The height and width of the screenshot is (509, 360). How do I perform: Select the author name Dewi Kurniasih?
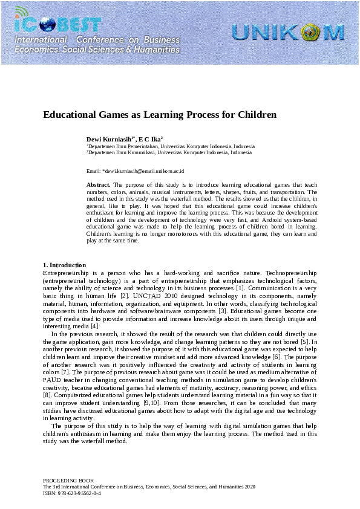coord(110,138)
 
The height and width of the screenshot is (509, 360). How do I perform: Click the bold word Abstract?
coord(99,184)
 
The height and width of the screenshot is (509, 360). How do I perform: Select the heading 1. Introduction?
coord(65,265)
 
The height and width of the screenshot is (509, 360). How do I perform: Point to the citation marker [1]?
coord(239,289)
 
